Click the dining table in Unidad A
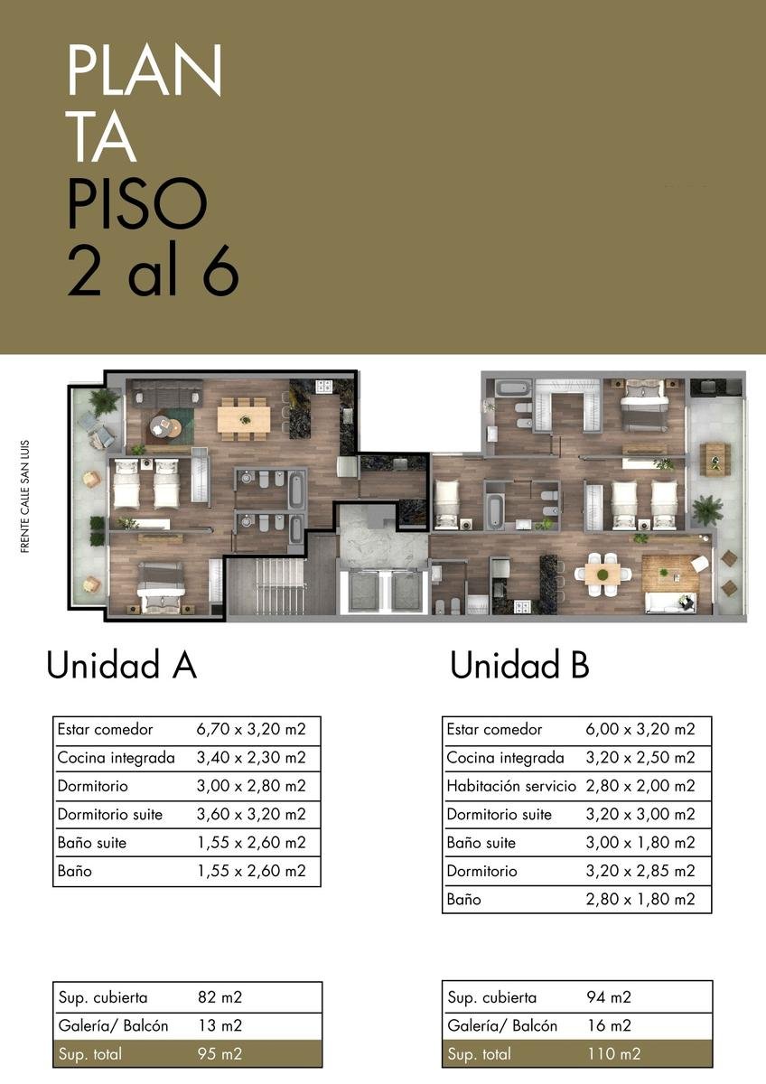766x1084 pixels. [244, 418]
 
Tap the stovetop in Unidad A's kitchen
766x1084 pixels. [323, 387]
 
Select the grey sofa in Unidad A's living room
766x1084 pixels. [167, 392]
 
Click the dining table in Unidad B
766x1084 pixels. [603, 575]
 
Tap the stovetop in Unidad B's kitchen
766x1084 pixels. [523, 606]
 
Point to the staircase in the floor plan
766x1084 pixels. [266, 586]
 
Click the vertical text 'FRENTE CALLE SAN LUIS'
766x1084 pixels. [25, 496]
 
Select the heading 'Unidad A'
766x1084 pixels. [121, 665]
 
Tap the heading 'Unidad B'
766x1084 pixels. [519, 665]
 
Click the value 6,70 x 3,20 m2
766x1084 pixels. [251, 729]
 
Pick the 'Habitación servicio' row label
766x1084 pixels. [511, 785]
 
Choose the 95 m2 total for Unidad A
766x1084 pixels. [220, 1053]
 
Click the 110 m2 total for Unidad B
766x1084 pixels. [614, 1053]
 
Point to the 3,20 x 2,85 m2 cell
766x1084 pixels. [640, 871]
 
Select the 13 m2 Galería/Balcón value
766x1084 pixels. [220, 1025]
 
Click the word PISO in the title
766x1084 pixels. [137, 202]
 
